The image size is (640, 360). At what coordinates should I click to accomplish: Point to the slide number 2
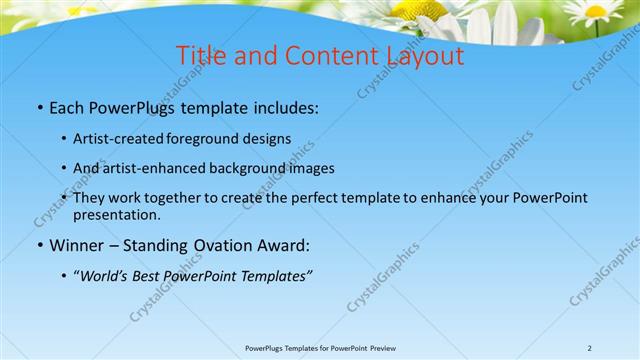pyautogui.click(x=589, y=347)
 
